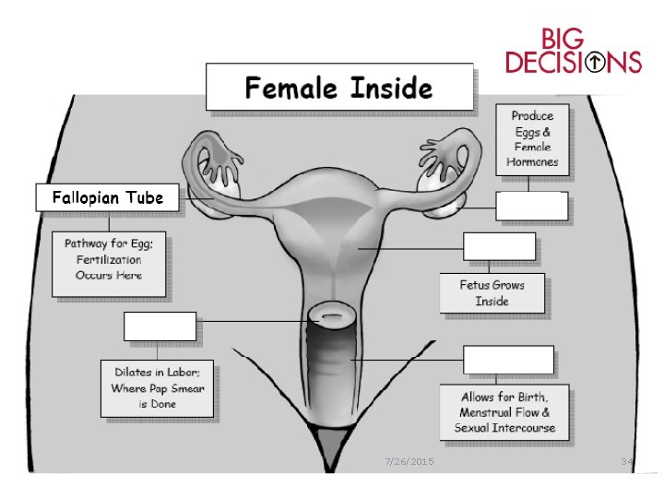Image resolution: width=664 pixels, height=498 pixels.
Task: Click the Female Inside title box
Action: coord(338,89)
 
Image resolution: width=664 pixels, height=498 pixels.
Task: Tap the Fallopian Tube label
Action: coord(108,197)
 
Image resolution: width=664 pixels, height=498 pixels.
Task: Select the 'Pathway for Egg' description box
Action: coord(109,263)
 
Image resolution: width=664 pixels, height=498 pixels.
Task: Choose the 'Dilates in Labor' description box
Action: coord(159,388)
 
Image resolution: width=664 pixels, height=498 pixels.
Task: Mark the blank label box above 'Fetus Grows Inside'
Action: coord(499,247)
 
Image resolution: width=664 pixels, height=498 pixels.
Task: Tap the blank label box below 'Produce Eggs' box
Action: coord(532,207)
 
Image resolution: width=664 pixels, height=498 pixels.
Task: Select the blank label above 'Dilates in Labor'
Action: coord(160,326)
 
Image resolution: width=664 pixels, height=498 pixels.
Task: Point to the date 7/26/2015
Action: coord(409,460)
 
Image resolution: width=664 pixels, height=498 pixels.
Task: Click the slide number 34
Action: coord(626,460)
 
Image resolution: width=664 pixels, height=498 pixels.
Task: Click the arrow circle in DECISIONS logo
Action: coord(597,63)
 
